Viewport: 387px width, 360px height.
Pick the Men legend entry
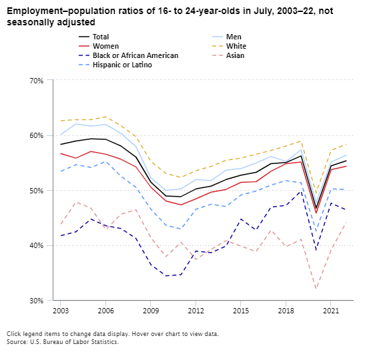tap(234, 37)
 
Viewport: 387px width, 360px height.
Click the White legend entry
tap(236, 46)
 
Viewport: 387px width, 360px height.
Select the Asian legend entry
tap(235, 55)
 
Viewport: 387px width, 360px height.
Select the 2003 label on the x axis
tap(60, 311)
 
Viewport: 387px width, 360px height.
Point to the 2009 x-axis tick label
tap(150, 311)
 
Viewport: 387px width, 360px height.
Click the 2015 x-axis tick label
tap(240, 311)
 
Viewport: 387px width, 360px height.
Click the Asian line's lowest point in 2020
tap(316, 289)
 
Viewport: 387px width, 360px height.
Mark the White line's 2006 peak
tap(105, 117)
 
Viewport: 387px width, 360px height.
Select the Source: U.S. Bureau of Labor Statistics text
tap(63, 342)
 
